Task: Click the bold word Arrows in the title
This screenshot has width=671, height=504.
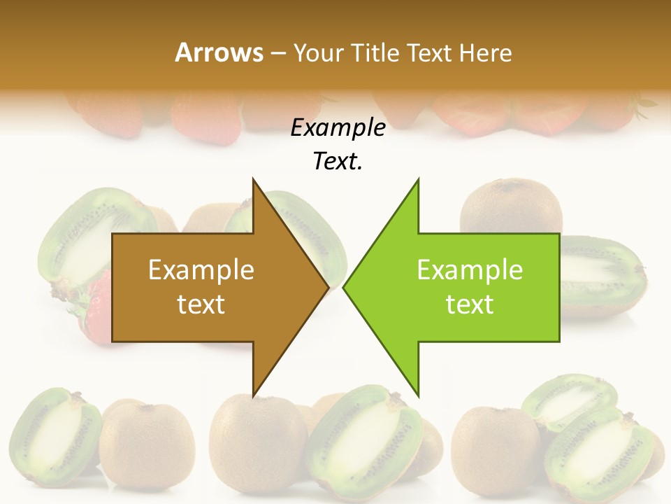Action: (219, 52)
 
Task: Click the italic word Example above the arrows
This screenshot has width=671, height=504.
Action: (338, 128)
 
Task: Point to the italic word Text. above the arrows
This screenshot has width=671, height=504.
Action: (338, 162)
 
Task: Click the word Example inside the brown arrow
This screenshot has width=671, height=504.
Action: (201, 270)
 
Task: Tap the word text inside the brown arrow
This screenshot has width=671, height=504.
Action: (201, 304)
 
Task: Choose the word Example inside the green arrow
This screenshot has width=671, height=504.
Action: (470, 270)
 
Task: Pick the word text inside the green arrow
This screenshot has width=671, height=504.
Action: (470, 304)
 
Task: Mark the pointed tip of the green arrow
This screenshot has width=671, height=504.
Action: (345, 287)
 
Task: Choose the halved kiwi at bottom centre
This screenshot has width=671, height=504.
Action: (363, 437)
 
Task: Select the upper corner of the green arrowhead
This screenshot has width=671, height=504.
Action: (418, 181)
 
